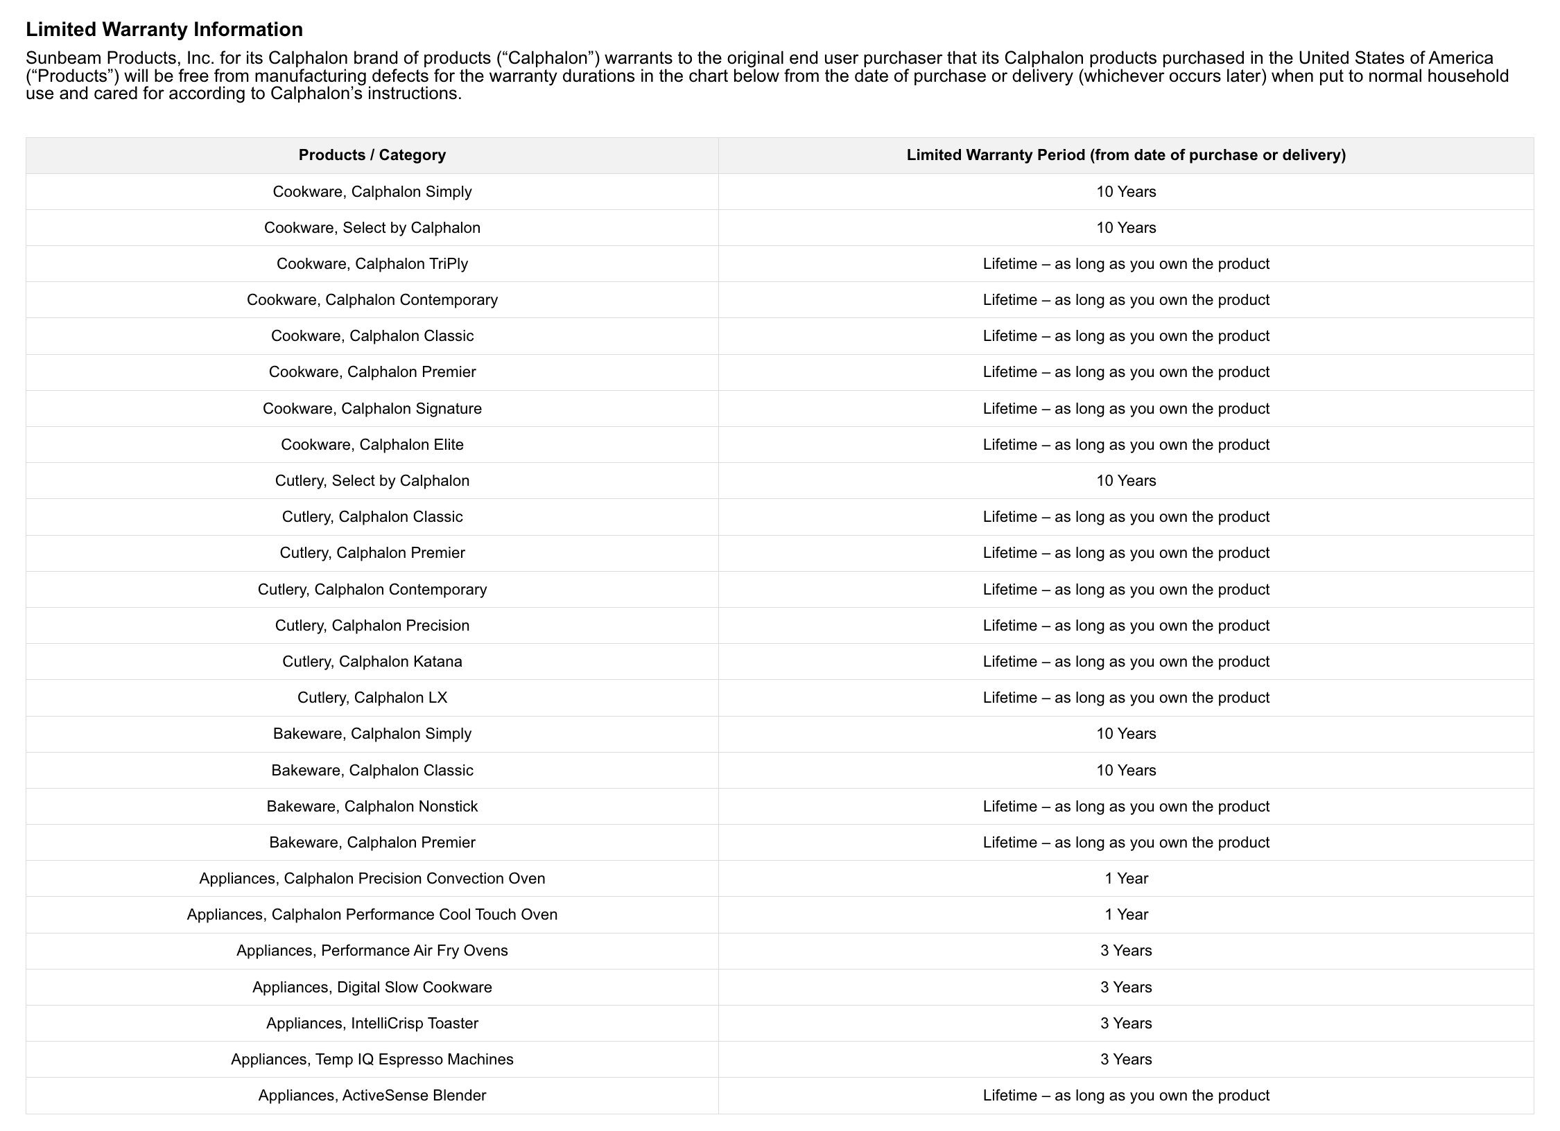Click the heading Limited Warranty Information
164,30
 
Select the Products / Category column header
372,155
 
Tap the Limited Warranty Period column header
1125,155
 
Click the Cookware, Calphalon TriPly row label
372,264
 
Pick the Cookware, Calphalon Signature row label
372,409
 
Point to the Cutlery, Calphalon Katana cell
372,662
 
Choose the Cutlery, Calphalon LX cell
372,698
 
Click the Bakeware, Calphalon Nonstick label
372,807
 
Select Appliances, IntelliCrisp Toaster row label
372,1024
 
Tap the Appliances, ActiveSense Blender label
372,1096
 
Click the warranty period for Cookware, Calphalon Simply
1125,192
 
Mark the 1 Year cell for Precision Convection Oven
1125,879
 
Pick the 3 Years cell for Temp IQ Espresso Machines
1125,1060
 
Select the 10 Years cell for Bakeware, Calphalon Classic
1125,771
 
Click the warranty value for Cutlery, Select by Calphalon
1125,481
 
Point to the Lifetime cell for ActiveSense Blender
1125,1096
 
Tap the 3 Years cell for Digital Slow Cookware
1125,988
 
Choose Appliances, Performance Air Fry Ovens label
372,951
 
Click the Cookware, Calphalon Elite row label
372,445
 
